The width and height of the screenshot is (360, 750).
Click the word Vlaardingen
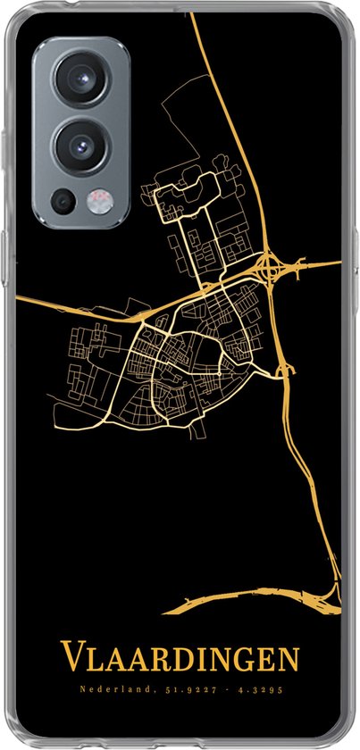point(180,660)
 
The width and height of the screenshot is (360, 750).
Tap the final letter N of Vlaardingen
point(289,661)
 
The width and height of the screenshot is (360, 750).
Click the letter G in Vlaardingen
point(238,661)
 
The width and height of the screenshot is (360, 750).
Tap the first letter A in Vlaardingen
point(112,661)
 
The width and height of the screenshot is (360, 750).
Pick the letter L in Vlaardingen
point(92,661)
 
